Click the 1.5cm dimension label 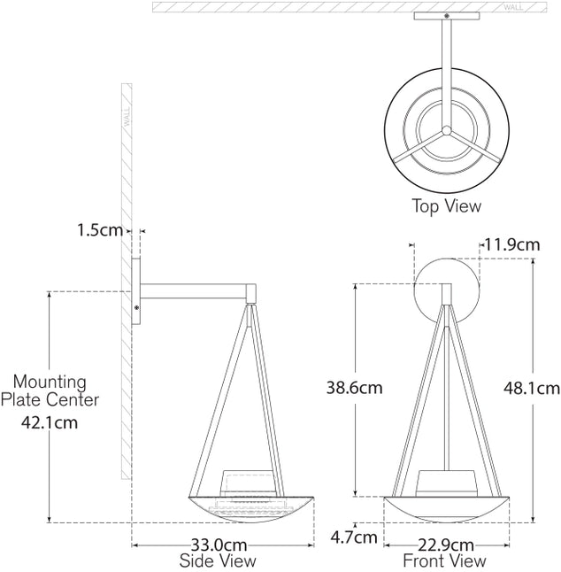click(x=99, y=230)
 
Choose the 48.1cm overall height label click(x=531, y=388)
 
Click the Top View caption click(x=446, y=206)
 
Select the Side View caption click(x=218, y=561)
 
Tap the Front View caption click(x=444, y=561)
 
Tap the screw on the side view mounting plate click(x=136, y=306)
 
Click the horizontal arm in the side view click(x=199, y=290)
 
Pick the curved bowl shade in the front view click(x=446, y=512)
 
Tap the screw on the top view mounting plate click(x=446, y=16)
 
